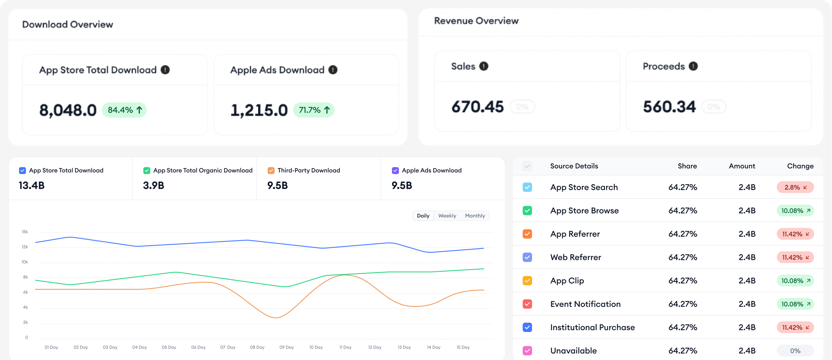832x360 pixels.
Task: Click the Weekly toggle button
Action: pyautogui.click(x=447, y=215)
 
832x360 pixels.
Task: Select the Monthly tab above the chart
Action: pyautogui.click(x=475, y=215)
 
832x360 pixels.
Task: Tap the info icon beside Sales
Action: pyautogui.click(x=483, y=66)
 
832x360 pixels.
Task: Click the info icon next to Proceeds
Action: pyautogui.click(x=693, y=66)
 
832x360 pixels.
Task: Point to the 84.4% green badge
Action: pyautogui.click(x=124, y=110)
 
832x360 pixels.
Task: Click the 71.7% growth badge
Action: pyautogui.click(x=314, y=110)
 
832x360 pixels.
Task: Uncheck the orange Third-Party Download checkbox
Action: pyautogui.click(x=271, y=170)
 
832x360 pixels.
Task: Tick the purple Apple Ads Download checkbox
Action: pyautogui.click(x=395, y=170)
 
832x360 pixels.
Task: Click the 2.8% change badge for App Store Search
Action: pyautogui.click(x=795, y=187)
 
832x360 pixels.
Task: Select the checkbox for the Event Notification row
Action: pyautogui.click(x=527, y=304)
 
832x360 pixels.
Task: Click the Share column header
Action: pyautogui.click(x=687, y=166)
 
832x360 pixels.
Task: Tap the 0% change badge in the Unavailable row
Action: pyautogui.click(x=795, y=351)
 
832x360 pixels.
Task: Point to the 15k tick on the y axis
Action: pyautogui.click(x=25, y=232)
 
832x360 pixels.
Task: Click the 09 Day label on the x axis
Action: pyautogui.click(x=286, y=347)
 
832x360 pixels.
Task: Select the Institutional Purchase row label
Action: pyautogui.click(x=592, y=327)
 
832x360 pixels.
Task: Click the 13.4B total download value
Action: pyautogui.click(x=32, y=186)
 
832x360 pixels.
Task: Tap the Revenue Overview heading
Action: pyautogui.click(x=476, y=21)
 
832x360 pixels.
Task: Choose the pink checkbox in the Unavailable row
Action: pyautogui.click(x=527, y=351)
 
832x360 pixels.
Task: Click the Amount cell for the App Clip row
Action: pyautogui.click(x=747, y=281)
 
